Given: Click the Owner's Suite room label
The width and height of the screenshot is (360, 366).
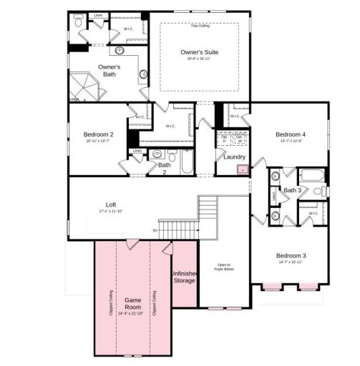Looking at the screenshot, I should pos(198,53).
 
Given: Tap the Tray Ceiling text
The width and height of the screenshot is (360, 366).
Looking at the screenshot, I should pos(199,26).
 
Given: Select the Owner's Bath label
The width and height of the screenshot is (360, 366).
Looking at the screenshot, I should pos(109,70).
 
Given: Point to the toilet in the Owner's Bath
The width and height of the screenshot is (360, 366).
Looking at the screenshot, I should pos(79,24).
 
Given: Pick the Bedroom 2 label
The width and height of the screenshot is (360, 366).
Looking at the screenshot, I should pos(98,134).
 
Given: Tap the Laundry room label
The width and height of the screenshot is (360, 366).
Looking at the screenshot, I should pos(235,157).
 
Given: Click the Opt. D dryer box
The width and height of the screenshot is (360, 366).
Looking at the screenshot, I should pos(224,139).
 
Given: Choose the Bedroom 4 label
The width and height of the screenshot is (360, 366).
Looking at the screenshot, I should pos(291,134).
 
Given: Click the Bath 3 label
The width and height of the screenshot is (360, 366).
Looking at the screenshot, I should pos(291,190).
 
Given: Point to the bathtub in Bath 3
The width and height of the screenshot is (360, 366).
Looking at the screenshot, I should pos(313,176).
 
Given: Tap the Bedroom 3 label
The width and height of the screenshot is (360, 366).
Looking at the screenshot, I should pos(291,255).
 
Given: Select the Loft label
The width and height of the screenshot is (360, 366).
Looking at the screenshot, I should pos(111,205).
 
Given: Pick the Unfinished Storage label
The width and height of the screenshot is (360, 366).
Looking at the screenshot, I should pos(184,277).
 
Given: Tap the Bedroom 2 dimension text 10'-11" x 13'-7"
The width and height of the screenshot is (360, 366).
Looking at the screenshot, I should pos(98,142).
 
